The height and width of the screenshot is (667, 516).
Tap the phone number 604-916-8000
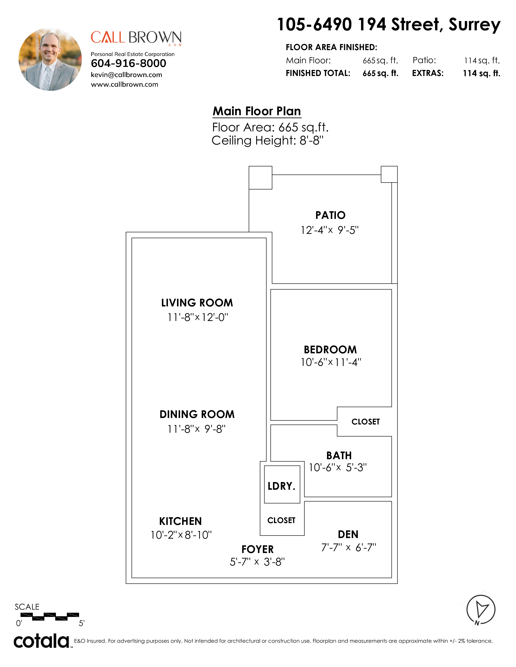point(128,63)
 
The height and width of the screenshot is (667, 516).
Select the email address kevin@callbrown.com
point(126,75)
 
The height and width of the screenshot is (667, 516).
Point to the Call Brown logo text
point(136,38)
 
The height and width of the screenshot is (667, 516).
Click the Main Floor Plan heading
point(257,111)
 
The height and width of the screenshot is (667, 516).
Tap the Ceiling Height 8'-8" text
point(268,140)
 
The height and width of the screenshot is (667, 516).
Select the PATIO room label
point(330,215)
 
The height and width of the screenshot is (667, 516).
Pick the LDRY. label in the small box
point(281,486)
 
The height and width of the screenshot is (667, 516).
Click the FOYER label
point(257,549)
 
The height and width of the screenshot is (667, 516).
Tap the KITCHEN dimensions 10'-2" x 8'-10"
point(181,535)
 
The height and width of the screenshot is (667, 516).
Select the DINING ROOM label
point(197,414)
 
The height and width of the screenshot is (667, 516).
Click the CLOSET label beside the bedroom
point(366,422)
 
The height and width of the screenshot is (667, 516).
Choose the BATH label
point(339,455)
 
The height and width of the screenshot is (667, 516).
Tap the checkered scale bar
point(50,617)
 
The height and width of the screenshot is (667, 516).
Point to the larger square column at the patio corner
point(260,178)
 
